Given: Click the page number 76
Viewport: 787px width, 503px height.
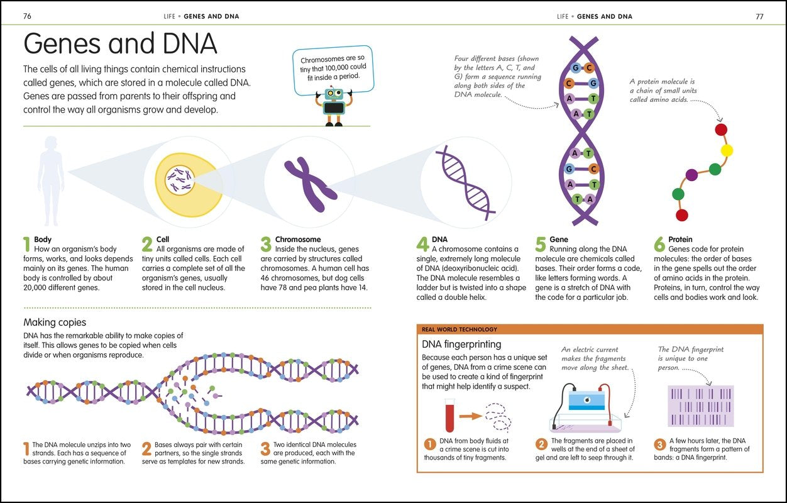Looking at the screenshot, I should pyautogui.click(x=27, y=16).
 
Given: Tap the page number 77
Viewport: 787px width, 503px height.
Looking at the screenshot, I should pyautogui.click(x=759, y=16).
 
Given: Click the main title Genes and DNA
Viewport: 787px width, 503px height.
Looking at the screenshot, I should pyautogui.click(x=120, y=44).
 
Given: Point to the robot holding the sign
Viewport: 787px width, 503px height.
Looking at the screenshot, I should pyautogui.click(x=334, y=106).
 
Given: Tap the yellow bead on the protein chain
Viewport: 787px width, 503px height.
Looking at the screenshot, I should pyautogui.click(x=727, y=150).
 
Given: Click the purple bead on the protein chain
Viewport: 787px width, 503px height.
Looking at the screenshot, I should pyautogui.click(x=691, y=175).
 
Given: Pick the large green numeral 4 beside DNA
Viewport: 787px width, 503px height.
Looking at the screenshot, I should pyautogui.click(x=422, y=245).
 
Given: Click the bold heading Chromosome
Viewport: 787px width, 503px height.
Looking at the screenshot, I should pyautogui.click(x=298, y=240).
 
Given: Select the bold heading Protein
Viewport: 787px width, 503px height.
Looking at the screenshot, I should pyautogui.click(x=680, y=240).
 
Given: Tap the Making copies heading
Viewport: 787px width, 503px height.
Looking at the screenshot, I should pyautogui.click(x=55, y=323).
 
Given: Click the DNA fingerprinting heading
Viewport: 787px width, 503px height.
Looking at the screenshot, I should pyautogui.click(x=461, y=344).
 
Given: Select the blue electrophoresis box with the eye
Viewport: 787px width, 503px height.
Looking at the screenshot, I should pyautogui.click(x=586, y=401).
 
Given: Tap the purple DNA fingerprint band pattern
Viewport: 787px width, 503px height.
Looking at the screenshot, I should pyautogui.click(x=700, y=406).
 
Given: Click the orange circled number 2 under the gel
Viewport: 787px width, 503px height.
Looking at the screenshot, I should pyautogui.click(x=541, y=445).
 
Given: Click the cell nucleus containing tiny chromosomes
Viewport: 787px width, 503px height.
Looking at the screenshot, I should pyautogui.click(x=179, y=180).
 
